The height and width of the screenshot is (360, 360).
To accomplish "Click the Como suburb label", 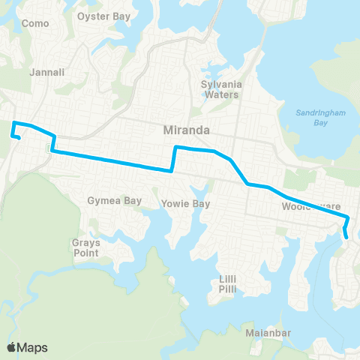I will click(x=35, y=23).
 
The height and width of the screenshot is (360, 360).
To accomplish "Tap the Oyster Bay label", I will click(x=104, y=14).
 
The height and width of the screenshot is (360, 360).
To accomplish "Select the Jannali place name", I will click(x=46, y=73).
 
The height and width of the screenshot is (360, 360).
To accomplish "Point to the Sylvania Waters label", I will click(x=220, y=89).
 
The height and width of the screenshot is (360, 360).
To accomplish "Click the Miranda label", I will click(x=185, y=130).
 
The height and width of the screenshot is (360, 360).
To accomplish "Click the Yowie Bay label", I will click(x=185, y=204).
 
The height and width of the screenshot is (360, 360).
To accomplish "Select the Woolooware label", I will click(x=311, y=205).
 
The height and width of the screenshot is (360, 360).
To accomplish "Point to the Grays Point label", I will click(x=86, y=247).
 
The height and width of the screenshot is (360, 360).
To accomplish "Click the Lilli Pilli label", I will click(x=229, y=283).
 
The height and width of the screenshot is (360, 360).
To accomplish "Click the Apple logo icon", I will click(x=12, y=347).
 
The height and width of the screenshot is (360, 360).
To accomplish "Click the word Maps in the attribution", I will click(x=32, y=347).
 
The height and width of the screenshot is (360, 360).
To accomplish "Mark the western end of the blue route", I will click(x=18, y=137).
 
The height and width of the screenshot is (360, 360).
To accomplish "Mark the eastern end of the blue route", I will click(x=346, y=238).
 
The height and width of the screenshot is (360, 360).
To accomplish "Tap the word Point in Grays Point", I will click(x=86, y=253).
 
